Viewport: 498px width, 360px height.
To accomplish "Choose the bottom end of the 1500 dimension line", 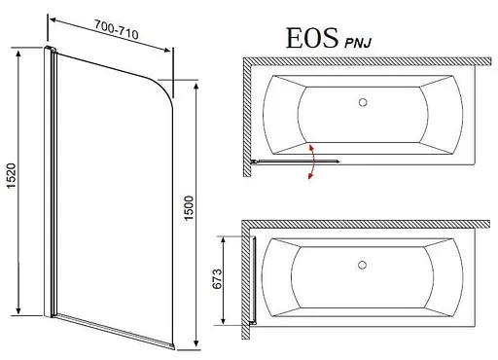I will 198,347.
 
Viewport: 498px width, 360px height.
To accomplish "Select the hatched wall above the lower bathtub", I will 370,222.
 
